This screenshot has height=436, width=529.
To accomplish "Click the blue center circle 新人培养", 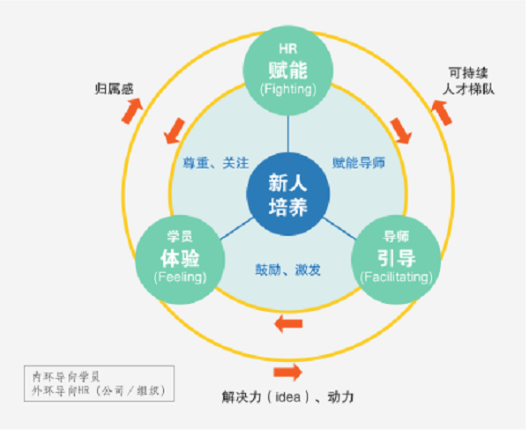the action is pos(287,194).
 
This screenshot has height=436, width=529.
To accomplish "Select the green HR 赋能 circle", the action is pos(287,70).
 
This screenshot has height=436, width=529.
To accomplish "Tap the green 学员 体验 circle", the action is pos(180,260).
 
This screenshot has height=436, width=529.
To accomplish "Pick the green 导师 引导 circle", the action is pos(396,260).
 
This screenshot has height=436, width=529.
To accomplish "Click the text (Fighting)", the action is pos(288,89).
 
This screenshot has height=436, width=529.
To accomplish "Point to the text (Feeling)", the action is pos(180,277).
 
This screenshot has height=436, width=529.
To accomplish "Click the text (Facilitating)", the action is pos(397,277).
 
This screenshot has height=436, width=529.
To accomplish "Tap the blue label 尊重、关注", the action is pos(216,163).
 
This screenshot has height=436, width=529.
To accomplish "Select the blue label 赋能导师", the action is pos(359,163).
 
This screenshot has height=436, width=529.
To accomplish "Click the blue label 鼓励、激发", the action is pos(287,270).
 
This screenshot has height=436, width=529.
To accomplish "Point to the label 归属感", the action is pos(114,89).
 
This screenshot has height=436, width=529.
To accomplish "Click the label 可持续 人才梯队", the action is pos(468,81).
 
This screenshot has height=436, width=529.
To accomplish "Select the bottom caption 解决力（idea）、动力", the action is pos(287,397).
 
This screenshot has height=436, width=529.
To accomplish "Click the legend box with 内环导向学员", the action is pos(99,383).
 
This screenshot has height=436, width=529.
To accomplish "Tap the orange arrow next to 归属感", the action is pos(132,110).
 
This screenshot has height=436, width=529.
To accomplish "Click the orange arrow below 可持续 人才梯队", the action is pos(442,113).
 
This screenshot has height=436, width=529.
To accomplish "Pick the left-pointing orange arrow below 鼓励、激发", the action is pos(288,324).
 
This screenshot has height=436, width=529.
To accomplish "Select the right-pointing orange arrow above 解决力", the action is pos(287,373).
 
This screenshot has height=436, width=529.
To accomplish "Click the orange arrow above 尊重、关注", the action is pos(175,130).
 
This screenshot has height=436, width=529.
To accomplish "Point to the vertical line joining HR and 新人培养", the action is pos(287,134).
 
